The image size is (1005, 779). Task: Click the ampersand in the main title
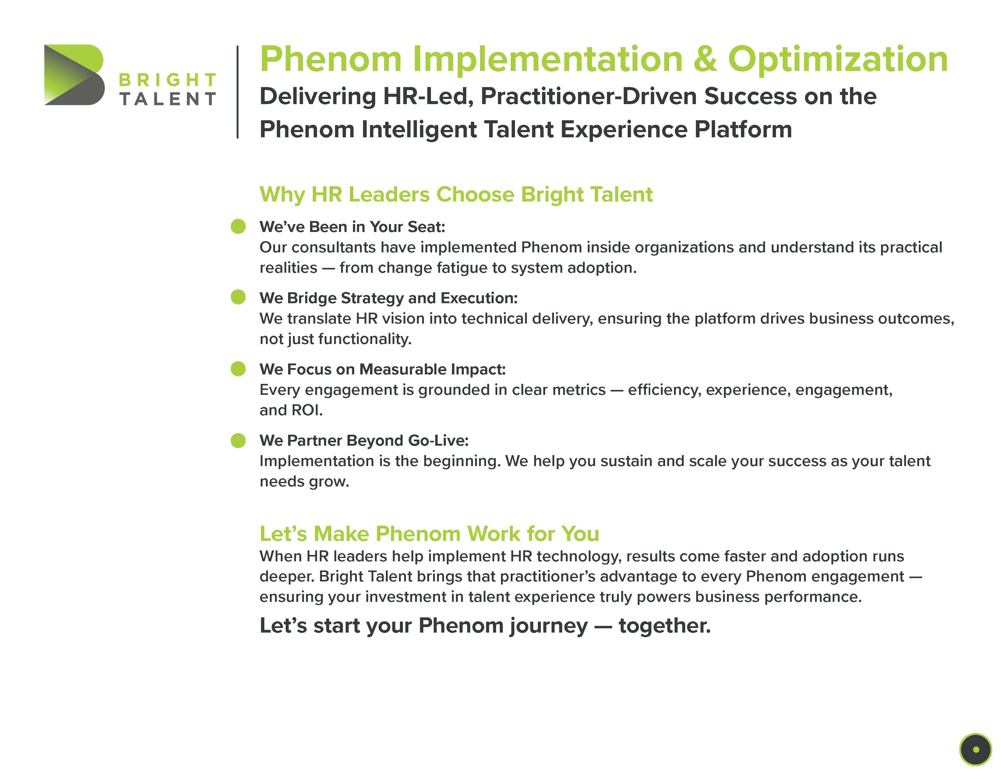pyautogui.click(x=705, y=59)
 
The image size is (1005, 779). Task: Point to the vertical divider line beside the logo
pyautogui.click(x=238, y=92)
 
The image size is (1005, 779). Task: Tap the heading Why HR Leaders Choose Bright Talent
pyautogui.click(x=456, y=195)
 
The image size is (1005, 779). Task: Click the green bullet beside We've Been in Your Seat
pyautogui.click(x=238, y=226)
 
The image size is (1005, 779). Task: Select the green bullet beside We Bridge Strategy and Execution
pyautogui.click(x=238, y=297)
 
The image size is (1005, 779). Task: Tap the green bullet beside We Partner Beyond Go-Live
pyautogui.click(x=238, y=440)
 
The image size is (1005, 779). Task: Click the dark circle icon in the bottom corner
pyautogui.click(x=975, y=749)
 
